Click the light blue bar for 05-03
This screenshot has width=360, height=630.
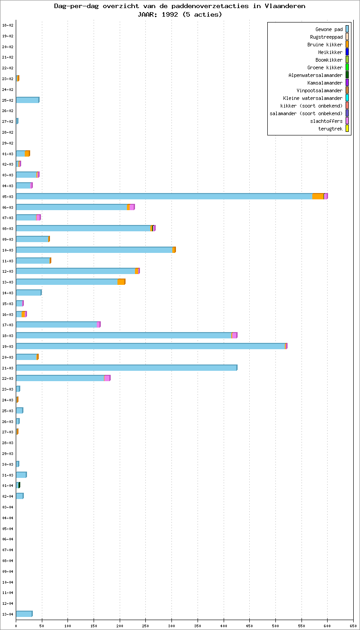(x=164, y=196)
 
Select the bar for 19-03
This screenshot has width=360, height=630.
(x=151, y=346)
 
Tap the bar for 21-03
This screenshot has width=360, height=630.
(x=126, y=368)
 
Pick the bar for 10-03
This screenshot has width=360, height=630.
(x=94, y=250)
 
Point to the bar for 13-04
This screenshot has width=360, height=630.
(x=24, y=614)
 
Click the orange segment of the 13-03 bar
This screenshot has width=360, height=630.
(x=121, y=282)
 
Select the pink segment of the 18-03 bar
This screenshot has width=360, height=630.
(x=234, y=335)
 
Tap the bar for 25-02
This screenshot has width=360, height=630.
(x=27, y=100)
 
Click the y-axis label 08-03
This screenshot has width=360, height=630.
(x=8, y=229)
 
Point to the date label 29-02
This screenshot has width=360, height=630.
(x=8, y=143)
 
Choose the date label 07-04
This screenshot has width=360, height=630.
(x=8, y=550)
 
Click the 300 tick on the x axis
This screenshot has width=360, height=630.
(x=171, y=625)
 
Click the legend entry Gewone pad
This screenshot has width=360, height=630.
(x=329, y=29)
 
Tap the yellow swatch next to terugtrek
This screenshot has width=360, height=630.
(x=347, y=129)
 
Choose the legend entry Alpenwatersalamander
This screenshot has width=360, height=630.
(x=315, y=75)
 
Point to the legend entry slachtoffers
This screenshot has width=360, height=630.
(x=326, y=121)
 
